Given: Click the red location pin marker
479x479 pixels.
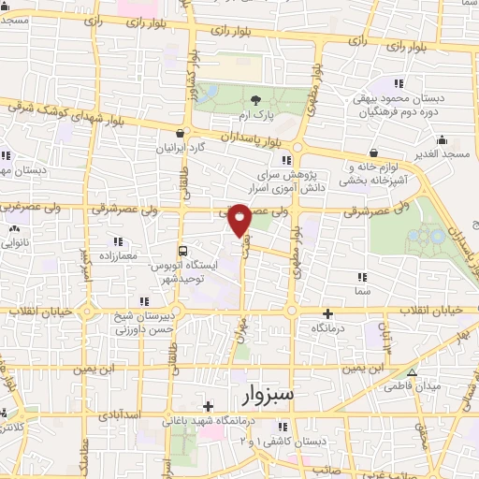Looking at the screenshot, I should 239,218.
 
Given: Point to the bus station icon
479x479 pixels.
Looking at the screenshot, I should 184,251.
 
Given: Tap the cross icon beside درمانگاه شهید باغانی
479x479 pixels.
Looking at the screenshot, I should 207,405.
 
